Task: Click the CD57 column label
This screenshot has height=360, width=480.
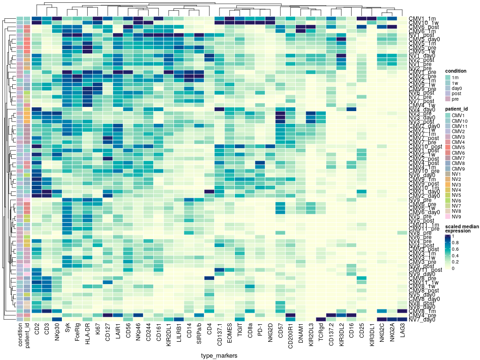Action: [281, 333]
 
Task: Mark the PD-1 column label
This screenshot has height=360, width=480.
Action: [261, 333]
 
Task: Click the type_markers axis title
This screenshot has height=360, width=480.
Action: [219, 356]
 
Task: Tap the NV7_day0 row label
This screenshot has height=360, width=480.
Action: [422, 320]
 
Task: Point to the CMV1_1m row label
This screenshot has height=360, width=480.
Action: [422, 18]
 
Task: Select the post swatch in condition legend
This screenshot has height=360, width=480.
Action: [449, 94]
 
